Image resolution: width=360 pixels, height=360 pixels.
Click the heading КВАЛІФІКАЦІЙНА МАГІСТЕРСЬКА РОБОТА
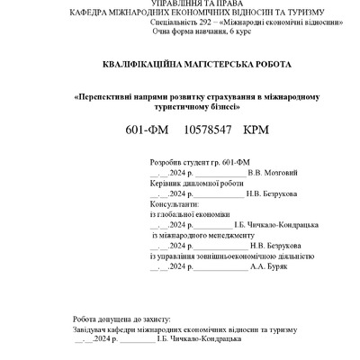[x=181, y=66]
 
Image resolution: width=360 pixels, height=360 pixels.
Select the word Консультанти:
[x=171, y=204]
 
